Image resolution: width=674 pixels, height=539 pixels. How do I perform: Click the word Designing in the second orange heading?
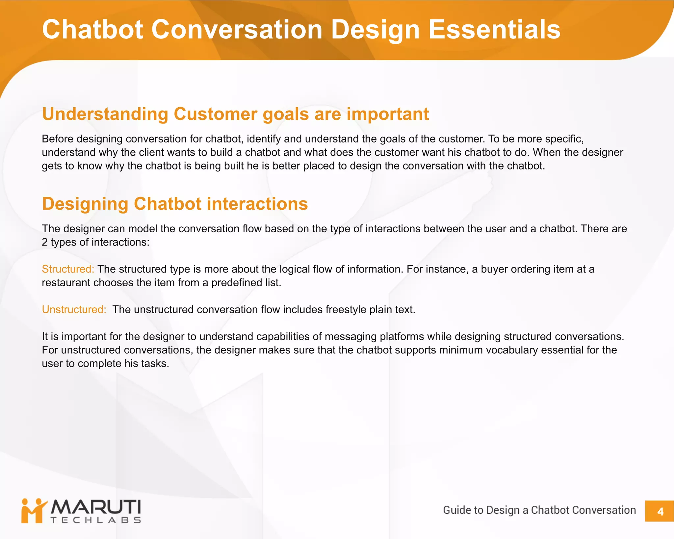pos(85,204)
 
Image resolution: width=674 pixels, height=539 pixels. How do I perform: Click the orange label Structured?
pos(68,269)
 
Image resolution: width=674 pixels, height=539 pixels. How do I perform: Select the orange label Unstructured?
pos(74,310)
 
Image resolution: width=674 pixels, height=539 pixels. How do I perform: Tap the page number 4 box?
pos(660,511)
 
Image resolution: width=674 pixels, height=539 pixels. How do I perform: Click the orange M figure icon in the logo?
pos(33,511)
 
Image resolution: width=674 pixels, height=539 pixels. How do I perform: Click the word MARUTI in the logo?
pos(96,507)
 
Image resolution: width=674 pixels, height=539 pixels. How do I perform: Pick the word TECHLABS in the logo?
pos(96,520)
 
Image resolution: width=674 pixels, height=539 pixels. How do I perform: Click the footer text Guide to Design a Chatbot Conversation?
pos(539,510)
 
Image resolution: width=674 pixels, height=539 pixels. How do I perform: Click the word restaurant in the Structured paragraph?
pos(66,283)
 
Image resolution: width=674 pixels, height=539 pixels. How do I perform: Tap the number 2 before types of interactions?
pos(45,242)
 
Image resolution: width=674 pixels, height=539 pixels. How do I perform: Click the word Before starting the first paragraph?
pos(58,139)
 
